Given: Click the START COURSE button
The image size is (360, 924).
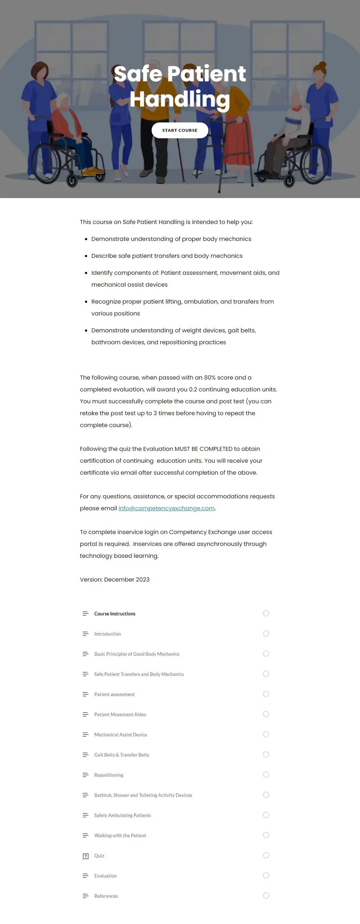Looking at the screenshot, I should pos(180,130).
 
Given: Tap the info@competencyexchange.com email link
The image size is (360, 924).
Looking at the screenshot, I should pos(166,508).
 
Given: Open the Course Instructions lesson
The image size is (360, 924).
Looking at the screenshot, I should pos(114,614).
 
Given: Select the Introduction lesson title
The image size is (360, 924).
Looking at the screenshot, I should pos(107,634).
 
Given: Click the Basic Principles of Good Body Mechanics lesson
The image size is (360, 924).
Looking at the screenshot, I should pos(137,654).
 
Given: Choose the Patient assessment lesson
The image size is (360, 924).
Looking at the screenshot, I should pos(114,694).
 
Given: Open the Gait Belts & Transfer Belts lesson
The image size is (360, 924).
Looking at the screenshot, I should pos(121,755).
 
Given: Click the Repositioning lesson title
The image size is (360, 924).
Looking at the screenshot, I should pos(109,775).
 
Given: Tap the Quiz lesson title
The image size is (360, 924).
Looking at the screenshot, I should pos(99,856).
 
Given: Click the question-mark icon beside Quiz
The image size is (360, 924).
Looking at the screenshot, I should pos(86,856).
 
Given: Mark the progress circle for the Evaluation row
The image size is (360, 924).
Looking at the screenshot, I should pos(266,875).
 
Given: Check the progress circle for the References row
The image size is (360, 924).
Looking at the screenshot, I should pos(266,896).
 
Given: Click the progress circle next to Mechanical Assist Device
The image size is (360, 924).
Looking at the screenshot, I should pos(266,734).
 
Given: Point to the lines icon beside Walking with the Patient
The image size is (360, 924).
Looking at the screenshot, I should pos(85,835).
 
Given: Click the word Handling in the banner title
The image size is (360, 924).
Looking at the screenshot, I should pos(180,99).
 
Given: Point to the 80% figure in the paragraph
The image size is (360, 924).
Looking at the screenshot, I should pos(210,377).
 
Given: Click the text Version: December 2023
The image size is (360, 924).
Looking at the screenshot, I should pos(114,579).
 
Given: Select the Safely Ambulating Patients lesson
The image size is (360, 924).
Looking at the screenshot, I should pos(122,815).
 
